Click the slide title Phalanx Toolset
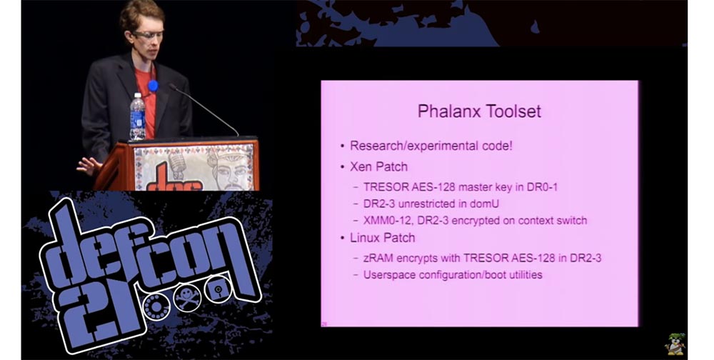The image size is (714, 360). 479,111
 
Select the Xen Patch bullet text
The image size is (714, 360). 378,166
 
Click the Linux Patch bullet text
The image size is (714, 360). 382,237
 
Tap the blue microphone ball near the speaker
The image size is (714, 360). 153,86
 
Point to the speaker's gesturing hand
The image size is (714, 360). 88,165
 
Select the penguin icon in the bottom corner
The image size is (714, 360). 675,344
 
